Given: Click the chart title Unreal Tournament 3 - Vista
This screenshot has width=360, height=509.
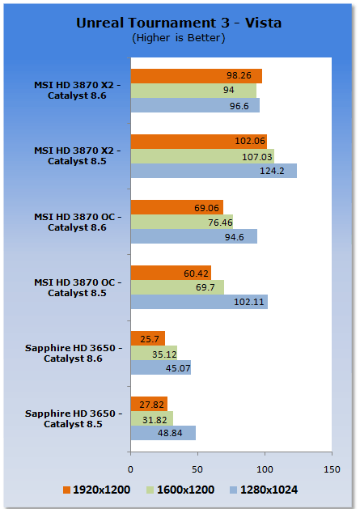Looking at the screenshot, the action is click(179, 23).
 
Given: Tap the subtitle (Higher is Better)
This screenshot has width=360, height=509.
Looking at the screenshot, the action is click(179, 38).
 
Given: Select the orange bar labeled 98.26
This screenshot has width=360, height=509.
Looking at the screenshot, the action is click(197, 76).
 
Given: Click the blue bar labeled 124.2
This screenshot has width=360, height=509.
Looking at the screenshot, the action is click(214, 171).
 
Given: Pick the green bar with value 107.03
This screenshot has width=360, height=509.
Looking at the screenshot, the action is click(202, 156).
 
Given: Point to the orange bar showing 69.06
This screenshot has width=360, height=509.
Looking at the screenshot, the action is click(177, 207).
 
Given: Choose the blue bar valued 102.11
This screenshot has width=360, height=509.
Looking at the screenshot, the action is click(199, 302).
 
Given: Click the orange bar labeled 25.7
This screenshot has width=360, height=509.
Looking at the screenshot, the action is click(148, 338).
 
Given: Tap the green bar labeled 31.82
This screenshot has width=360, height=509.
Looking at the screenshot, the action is click(152, 418).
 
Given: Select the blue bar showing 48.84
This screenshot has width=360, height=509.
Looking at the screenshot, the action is click(163, 433).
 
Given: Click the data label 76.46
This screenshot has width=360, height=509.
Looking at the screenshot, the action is click(220, 223).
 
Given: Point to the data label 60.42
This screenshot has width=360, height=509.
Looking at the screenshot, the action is click(196, 274).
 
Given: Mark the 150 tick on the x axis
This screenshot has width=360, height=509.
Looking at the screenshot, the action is click(332, 469).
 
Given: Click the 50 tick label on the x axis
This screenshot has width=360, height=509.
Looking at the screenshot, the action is click(197, 469).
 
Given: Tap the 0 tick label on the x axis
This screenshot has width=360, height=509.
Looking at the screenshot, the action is click(130, 469).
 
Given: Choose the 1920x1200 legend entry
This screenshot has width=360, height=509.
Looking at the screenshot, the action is click(97, 490).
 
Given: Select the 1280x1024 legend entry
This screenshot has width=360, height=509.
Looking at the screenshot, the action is click(264, 490).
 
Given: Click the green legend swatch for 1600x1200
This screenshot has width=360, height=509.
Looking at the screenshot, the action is click(150, 490).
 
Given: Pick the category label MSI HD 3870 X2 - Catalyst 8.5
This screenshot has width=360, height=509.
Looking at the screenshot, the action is click(78, 156).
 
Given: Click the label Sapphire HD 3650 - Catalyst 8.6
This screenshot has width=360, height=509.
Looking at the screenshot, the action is click(74, 353).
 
